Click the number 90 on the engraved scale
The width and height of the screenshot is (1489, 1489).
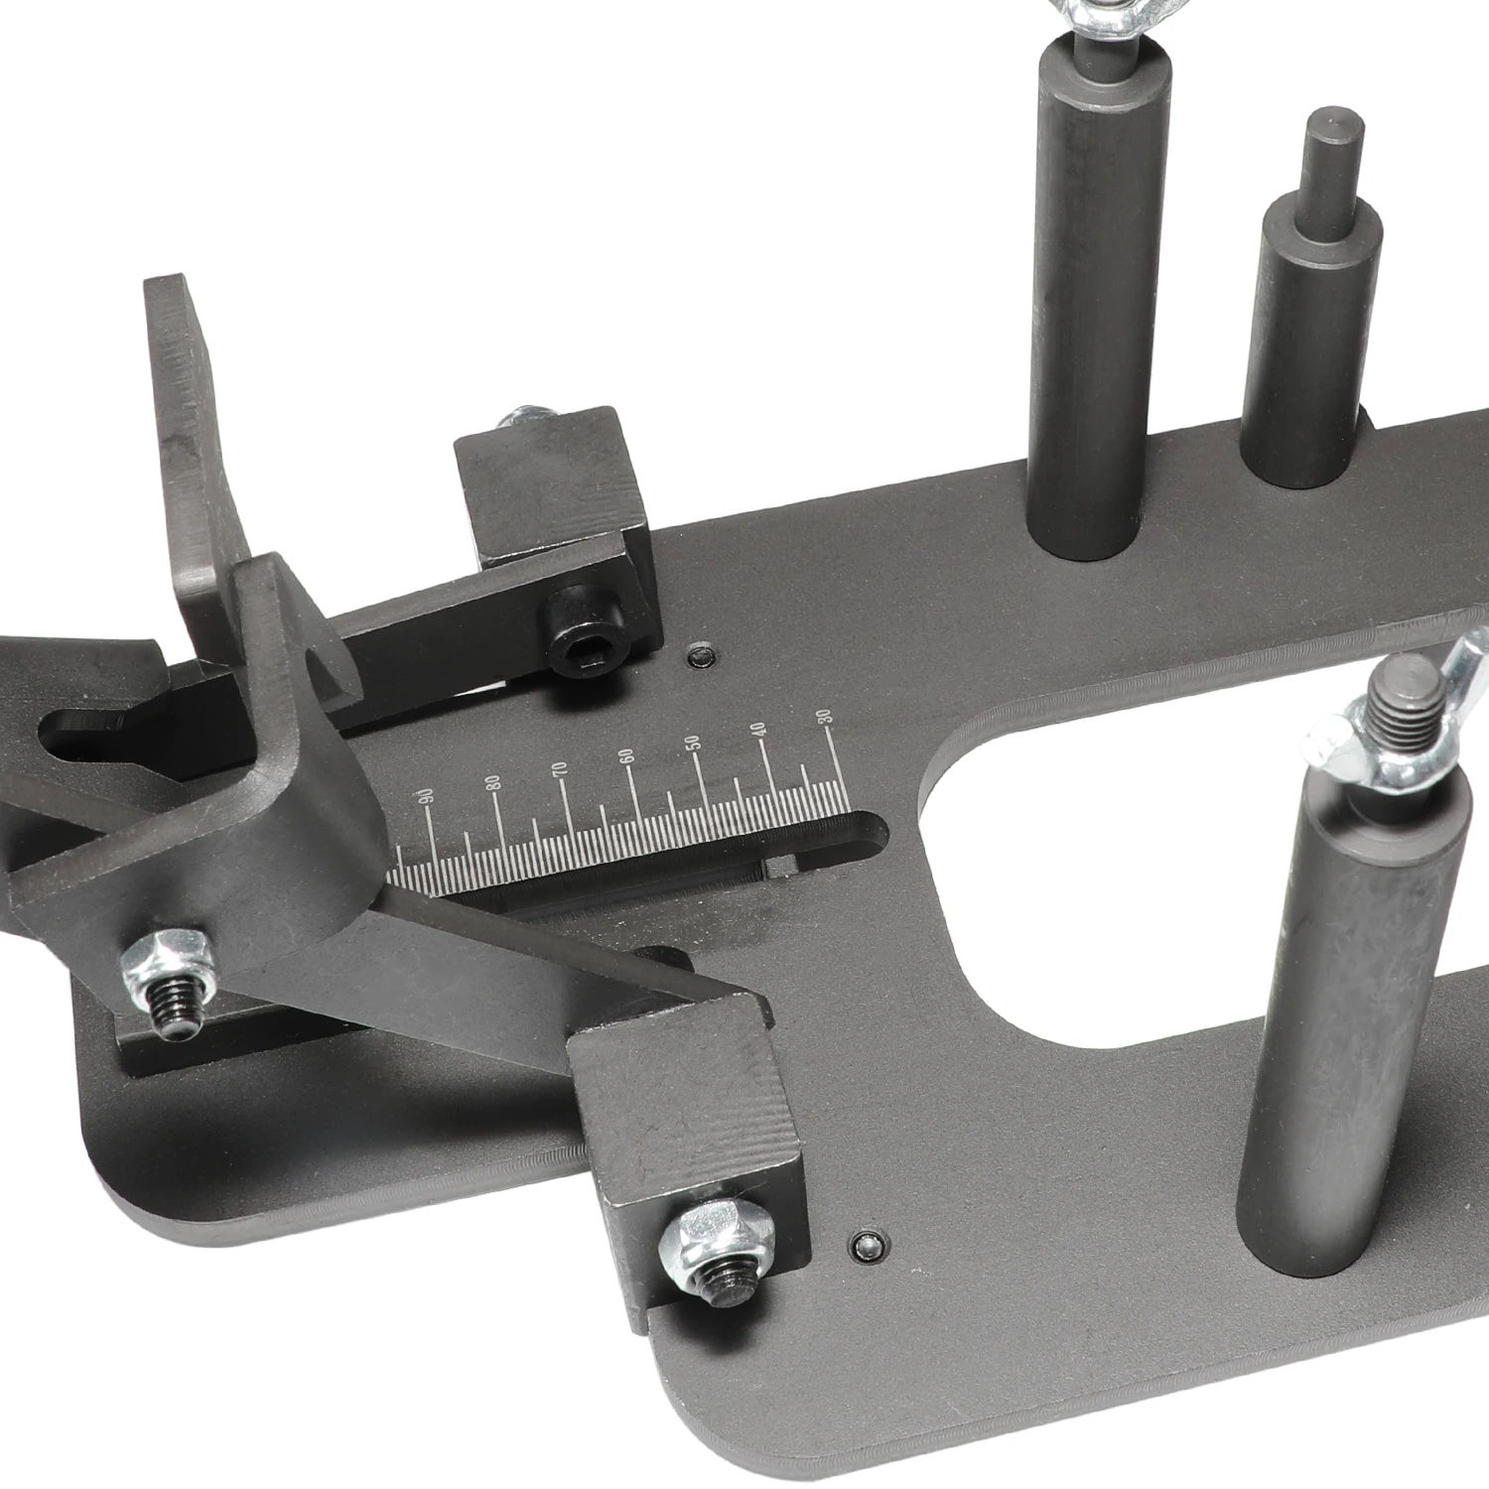(427, 795)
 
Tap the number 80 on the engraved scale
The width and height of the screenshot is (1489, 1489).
(493, 779)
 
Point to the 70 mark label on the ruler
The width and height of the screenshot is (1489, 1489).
(560, 766)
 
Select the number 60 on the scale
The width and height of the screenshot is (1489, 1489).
(625, 754)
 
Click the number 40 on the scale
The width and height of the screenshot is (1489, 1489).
(760, 728)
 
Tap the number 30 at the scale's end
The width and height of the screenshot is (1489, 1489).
(824, 716)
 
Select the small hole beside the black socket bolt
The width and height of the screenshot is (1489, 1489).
(702, 656)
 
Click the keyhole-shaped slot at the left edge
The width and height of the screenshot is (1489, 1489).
(89, 735)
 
